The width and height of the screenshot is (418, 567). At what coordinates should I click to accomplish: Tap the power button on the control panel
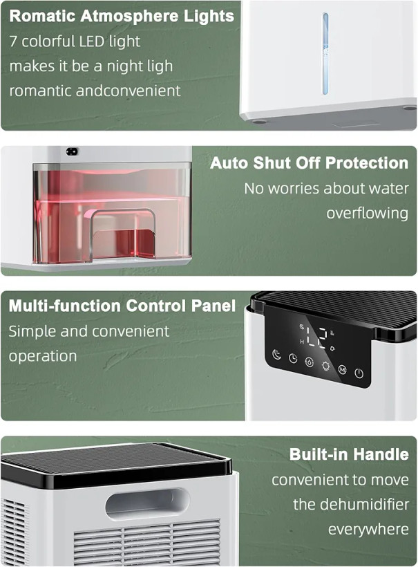(359, 373)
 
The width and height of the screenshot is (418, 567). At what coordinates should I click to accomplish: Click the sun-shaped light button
(325, 366)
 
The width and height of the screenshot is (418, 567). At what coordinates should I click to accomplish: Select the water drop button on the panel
(310, 362)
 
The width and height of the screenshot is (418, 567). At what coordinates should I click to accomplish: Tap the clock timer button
(293, 358)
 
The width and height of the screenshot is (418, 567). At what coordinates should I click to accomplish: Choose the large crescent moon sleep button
(276, 354)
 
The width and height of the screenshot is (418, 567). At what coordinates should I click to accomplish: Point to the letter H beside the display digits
(302, 342)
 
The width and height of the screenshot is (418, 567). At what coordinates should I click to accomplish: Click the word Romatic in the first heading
(42, 16)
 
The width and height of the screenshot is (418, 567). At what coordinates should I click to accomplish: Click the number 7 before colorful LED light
(13, 41)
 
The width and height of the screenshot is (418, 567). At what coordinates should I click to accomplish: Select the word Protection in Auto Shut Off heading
(367, 162)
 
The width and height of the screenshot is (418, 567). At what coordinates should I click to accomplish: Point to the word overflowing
(368, 213)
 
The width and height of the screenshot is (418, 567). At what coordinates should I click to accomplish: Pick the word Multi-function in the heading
(65, 306)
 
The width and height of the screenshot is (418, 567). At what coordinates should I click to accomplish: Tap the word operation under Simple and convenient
(43, 356)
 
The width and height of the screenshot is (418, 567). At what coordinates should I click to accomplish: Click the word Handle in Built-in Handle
(381, 454)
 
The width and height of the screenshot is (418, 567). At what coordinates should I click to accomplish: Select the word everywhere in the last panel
(368, 530)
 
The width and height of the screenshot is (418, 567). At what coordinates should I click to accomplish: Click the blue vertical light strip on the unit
(325, 53)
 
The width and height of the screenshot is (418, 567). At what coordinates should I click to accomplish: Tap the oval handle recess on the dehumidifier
(147, 503)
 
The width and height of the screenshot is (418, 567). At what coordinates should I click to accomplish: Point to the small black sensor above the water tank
(72, 151)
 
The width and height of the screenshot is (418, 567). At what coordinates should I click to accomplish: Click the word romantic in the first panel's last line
(41, 91)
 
